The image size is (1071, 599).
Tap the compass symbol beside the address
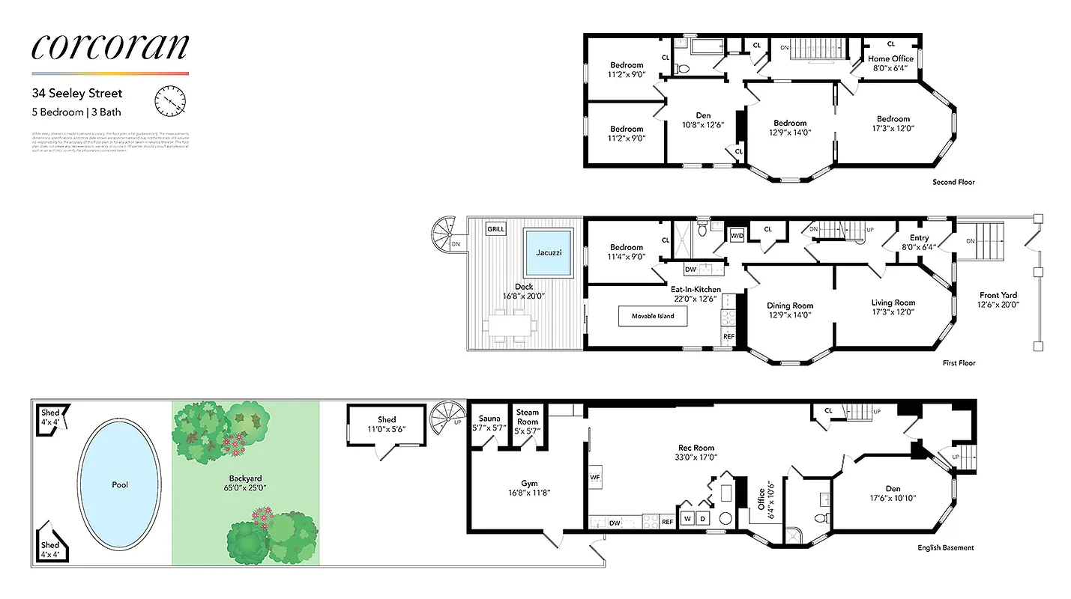coord(169,101)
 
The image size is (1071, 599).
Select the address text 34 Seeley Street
coord(76,94)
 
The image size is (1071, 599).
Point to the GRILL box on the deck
coord(496,229)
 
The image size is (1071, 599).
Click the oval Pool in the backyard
coord(120,484)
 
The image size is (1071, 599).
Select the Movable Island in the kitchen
coord(651,316)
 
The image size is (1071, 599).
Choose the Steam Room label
coord(528,416)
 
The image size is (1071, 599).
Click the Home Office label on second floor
coord(890,58)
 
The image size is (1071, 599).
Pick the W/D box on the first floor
coord(737,236)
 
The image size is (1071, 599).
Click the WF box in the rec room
coord(595,476)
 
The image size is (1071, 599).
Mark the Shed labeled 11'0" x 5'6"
coord(387,424)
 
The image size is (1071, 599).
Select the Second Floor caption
coord(953,182)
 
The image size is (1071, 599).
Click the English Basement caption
coord(946,548)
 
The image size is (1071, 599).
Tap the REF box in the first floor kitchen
coord(727,337)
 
